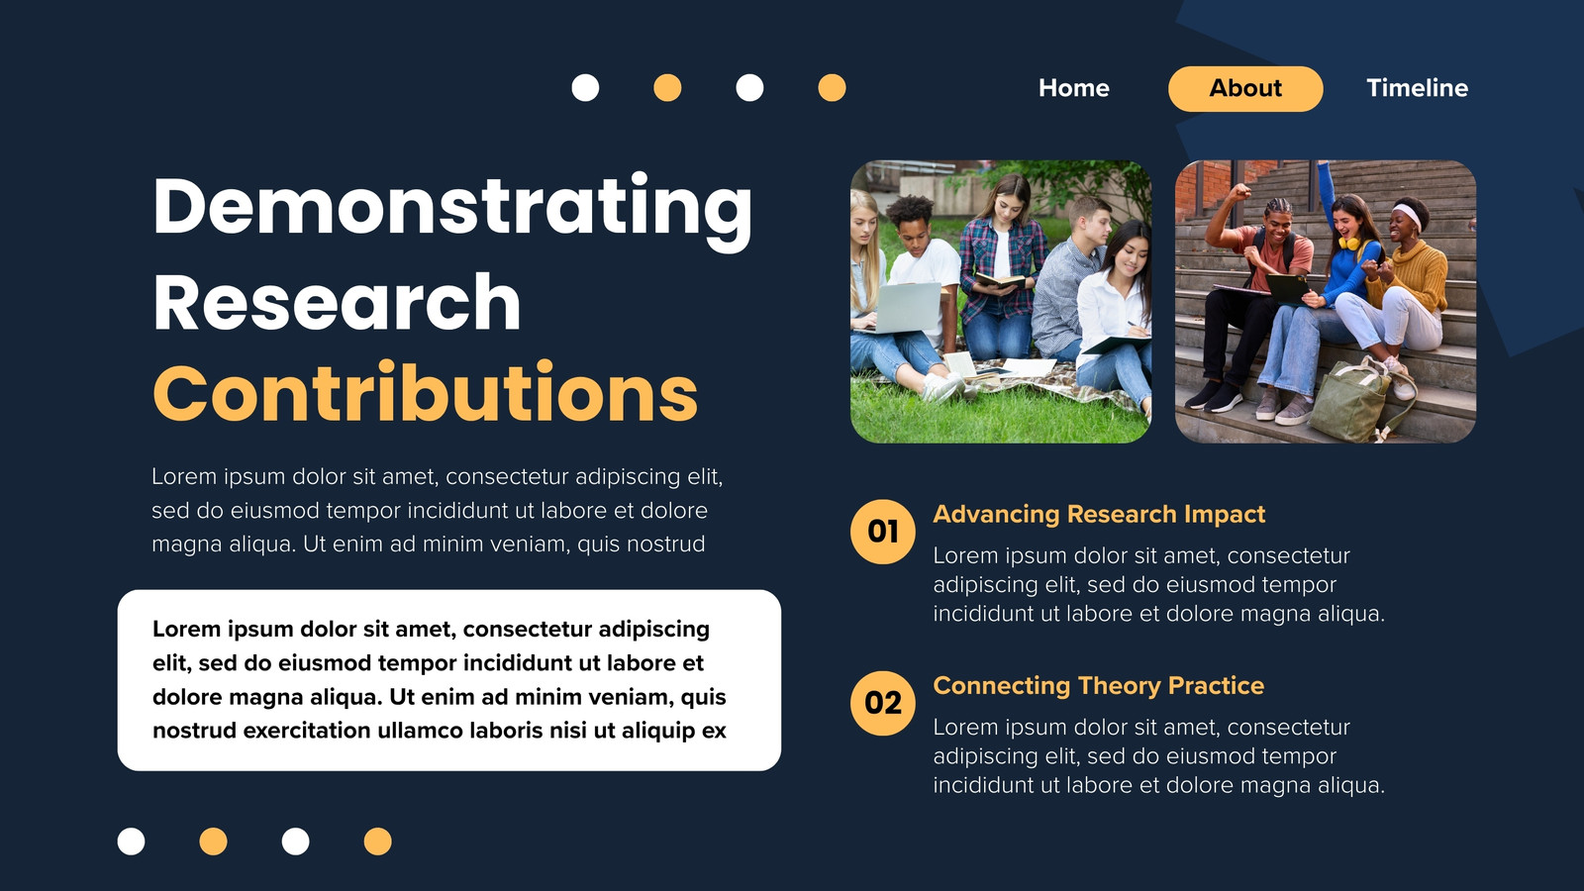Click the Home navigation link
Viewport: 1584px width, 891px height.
pyautogui.click(x=1073, y=88)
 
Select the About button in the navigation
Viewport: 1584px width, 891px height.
pyautogui.click(x=1245, y=88)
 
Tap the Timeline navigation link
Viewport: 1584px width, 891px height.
pyautogui.click(x=1417, y=88)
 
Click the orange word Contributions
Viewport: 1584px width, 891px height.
pyautogui.click(x=425, y=391)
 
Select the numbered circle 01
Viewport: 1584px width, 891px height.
pyautogui.click(x=882, y=531)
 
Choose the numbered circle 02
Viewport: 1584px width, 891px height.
pyautogui.click(x=882, y=703)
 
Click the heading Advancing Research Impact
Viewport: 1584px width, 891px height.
pyautogui.click(x=1099, y=514)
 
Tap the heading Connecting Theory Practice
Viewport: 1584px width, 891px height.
pyautogui.click(x=1098, y=685)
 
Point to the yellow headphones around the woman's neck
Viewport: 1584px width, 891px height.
pyautogui.click(x=1349, y=243)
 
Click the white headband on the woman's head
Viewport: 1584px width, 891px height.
pyautogui.click(x=1407, y=215)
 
